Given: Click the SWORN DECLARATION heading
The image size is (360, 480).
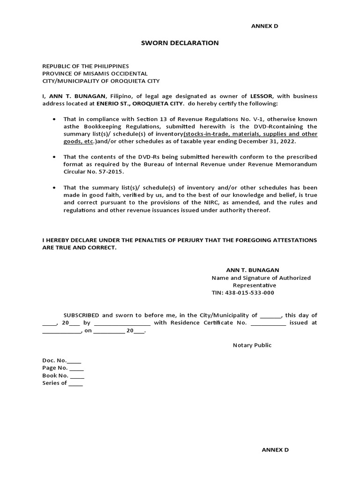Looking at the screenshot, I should [x=180, y=43].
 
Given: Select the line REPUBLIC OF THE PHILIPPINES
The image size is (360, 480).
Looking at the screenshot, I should [x=85, y=66].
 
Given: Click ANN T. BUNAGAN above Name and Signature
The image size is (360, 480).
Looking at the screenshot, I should [x=252, y=270].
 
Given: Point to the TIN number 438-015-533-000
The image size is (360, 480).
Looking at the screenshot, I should [x=252, y=292].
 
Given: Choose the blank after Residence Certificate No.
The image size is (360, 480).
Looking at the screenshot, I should [x=268, y=323].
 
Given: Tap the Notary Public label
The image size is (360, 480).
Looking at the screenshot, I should [x=252, y=345].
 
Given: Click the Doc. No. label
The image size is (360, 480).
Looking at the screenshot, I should [x=54, y=360].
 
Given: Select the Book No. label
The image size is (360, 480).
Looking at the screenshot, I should [x=55, y=375].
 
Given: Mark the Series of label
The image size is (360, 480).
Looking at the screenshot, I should [x=54, y=383].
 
